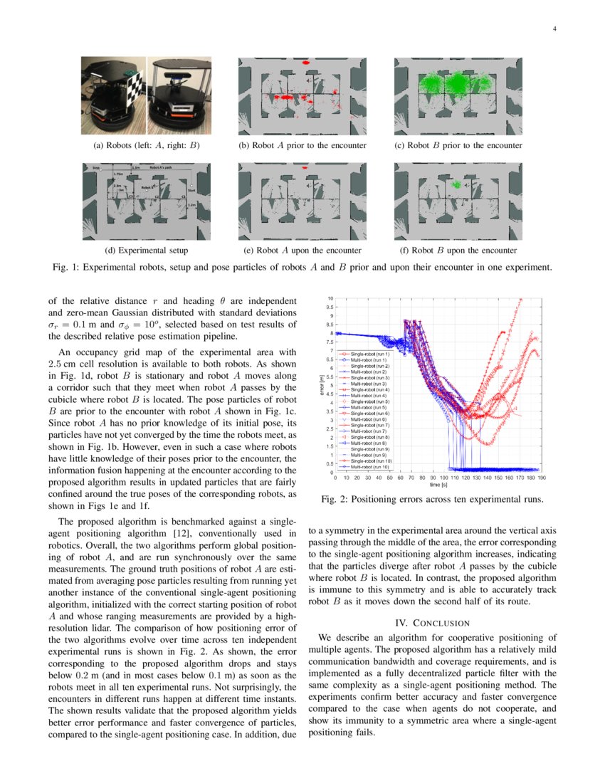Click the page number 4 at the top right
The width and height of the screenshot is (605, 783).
553,29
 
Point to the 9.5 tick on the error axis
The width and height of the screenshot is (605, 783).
330,308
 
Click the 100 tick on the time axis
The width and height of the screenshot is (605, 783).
444,478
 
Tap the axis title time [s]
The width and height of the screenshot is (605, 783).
428,485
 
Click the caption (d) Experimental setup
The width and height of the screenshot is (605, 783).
146,251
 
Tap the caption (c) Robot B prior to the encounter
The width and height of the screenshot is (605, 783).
458,145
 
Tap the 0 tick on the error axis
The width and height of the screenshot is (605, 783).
331,472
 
